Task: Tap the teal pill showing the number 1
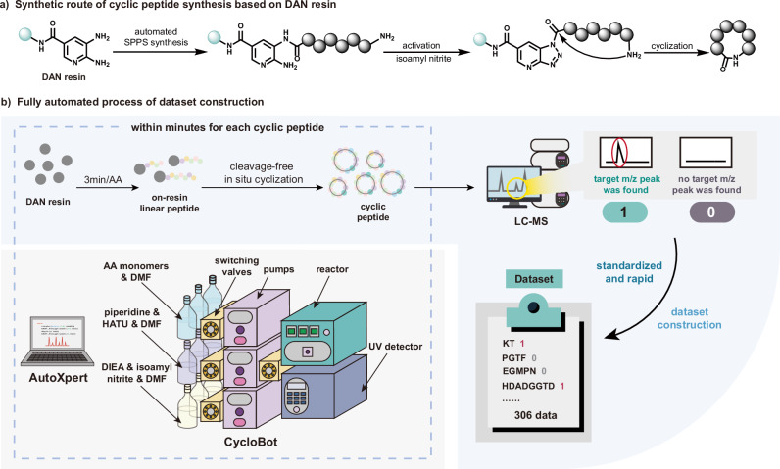click(624, 212)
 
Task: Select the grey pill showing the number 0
click(711, 212)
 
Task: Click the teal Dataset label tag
click(534, 279)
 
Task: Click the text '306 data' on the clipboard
click(535, 415)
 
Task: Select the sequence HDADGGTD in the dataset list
click(528, 386)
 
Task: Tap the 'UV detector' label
click(396, 347)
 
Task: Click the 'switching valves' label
click(236, 266)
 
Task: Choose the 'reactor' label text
click(332, 269)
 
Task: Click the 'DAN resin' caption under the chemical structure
click(64, 77)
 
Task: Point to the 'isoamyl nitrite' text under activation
click(423, 59)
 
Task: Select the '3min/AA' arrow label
click(103, 180)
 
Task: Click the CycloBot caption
click(251, 442)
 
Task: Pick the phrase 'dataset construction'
click(690, 318)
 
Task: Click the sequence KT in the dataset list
click(509, 344)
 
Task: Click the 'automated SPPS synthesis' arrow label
click(156, 37)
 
